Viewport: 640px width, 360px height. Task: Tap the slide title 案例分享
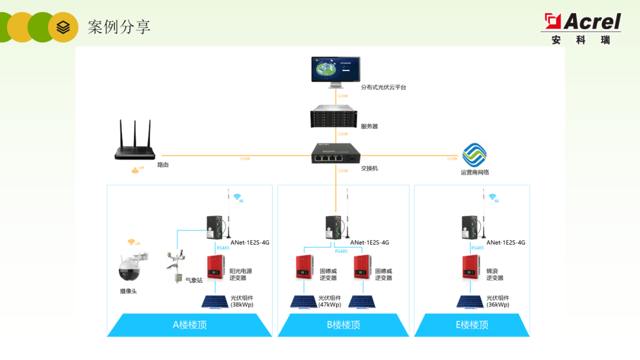click(x=119, y=27)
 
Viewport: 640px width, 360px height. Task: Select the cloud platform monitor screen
click(x=335, y=70)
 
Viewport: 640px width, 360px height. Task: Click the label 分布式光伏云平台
click(x=384, y=87)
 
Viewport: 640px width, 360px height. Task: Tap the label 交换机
click(x=369, y=168)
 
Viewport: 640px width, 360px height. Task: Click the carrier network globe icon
click(x=474, y=155)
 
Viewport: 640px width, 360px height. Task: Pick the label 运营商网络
click(x=475, y=173)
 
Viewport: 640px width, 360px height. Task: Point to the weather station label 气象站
click(x=194, y=281)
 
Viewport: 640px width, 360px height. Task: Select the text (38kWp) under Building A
click(x=242, y=305)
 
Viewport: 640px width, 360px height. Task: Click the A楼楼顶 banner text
click(x=190, y=325)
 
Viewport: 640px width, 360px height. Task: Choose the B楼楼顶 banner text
click(x=343, y=325)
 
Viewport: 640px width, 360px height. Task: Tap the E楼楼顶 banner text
click(x=472, y=325)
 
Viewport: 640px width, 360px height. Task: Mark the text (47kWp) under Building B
click(x=329, y=305)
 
